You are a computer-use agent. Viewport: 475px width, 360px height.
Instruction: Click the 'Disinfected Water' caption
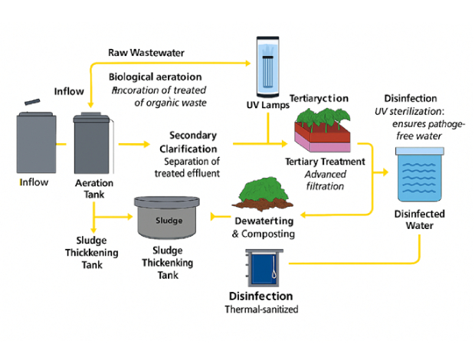click(420, 220)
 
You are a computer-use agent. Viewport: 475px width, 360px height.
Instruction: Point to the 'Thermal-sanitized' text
click(260, 310)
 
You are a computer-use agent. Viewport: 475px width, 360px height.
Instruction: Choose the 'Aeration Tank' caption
click(94, 189)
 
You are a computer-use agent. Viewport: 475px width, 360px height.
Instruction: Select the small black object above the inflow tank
click(31, 102)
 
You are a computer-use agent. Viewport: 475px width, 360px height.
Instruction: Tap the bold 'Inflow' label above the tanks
click(68, 92)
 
